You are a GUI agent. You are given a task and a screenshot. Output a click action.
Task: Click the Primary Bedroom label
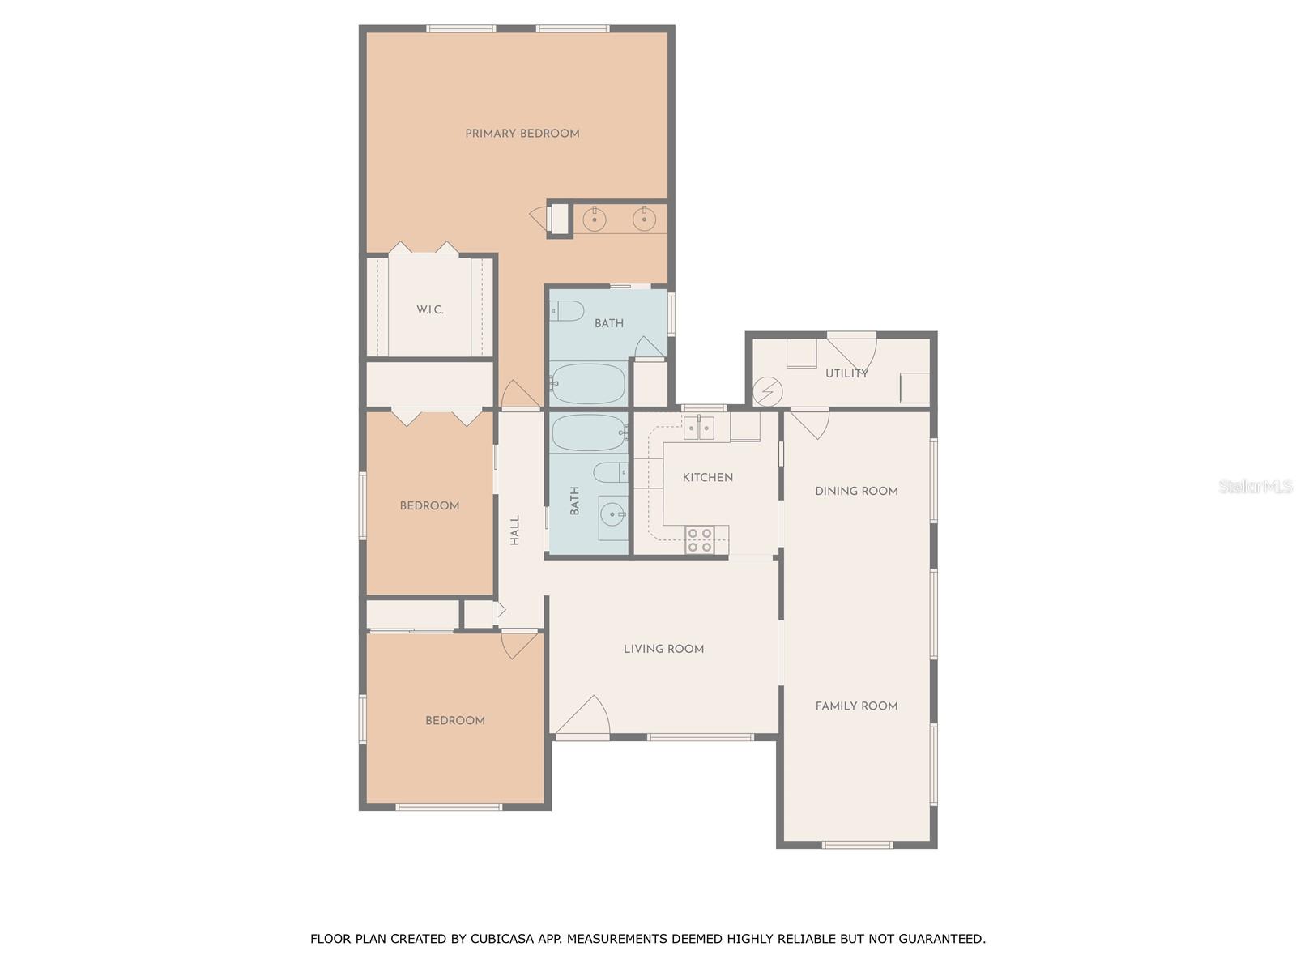click(x=522, y=134)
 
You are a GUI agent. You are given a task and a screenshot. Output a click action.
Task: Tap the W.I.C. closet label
click(x=429, y=309)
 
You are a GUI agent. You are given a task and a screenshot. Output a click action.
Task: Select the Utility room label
click(x=846, y=373)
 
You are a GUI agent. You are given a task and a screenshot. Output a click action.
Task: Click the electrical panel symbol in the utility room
click(x=767, y=393)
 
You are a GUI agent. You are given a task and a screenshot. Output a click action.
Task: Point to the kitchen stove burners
click(x=699, y=540)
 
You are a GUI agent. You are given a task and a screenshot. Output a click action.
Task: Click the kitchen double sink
click(x=698, y=428)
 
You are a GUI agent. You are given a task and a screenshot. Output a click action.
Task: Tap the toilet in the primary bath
click(x=567, y=310)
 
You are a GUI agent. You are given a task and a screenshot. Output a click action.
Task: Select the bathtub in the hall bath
click(x=589, y=433)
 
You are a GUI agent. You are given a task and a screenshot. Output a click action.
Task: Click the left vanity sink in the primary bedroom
click(x=594, y=219)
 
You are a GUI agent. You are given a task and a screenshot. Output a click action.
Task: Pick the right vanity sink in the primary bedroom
click(x=644, y=219)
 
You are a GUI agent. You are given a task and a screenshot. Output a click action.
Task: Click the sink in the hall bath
click(x=612, y=514)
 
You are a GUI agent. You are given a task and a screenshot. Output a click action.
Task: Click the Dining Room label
click(x=856, y=491)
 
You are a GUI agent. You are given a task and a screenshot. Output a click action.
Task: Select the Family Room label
click(x=856, y=706)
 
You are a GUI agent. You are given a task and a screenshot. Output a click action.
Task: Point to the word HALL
click(x=515, y=531)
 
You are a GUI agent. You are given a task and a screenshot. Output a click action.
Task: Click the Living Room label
click(x=663, y=649)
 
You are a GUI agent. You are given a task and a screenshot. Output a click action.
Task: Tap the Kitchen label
click(x=707, y=478)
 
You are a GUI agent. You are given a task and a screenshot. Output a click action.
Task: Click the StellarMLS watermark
click(x=1255, y=486)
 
